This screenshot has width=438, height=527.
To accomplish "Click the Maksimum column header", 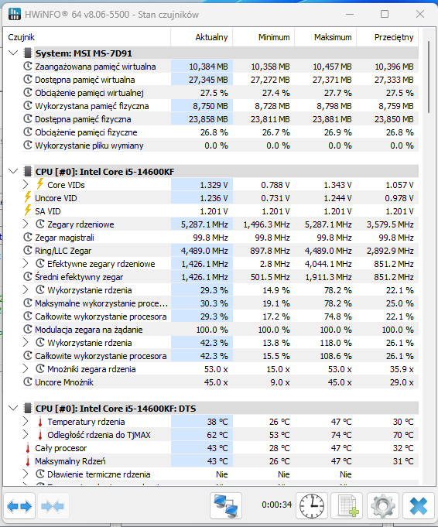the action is pyautogui.click(x=333, y=37).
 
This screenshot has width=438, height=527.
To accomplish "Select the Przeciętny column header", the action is pyautogui.click(x=394, y=37).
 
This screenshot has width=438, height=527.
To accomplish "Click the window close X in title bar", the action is pyautogui.click(x=420, y=14).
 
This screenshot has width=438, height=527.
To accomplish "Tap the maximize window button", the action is pyautogui.click(x=385, y=14).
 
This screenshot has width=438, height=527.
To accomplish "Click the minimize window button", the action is pyautogui.click(x=350, y=15).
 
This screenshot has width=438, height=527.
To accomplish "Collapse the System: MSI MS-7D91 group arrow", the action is pyautogui.click(x=13, y=53).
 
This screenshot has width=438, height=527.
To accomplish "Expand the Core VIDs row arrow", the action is pyautogui.click(x=26, y=184).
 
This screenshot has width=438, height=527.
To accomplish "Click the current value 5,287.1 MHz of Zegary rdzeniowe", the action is pyautogui.click(x=204, y=224).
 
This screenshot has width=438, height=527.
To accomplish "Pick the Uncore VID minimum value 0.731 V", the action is pyautogui.click(x=275, y=198).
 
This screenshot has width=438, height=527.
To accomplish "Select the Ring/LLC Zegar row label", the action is pyautogui.click(x=63, y=251).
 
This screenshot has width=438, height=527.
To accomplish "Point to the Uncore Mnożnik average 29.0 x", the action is pyautogui.click(x=402, y=382).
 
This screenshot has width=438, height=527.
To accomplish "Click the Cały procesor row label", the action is pyautogui.click(x=61, y=448).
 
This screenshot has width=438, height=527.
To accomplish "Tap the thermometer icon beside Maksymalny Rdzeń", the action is pyautogui.click(x=28, y=461).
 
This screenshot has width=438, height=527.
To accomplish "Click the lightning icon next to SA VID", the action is pyautogui.click(x=28, y=210).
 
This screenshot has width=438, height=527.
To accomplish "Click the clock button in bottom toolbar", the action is pyautogui.click(x=312, y=506).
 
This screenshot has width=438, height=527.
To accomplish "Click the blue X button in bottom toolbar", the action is pyautogui.click(x=418, y=506).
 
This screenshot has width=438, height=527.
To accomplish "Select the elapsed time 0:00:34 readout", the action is pyautogui.click(x=276, y=505).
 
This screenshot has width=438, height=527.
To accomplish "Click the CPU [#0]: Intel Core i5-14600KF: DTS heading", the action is pyautogui.click(x=115, y=409).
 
